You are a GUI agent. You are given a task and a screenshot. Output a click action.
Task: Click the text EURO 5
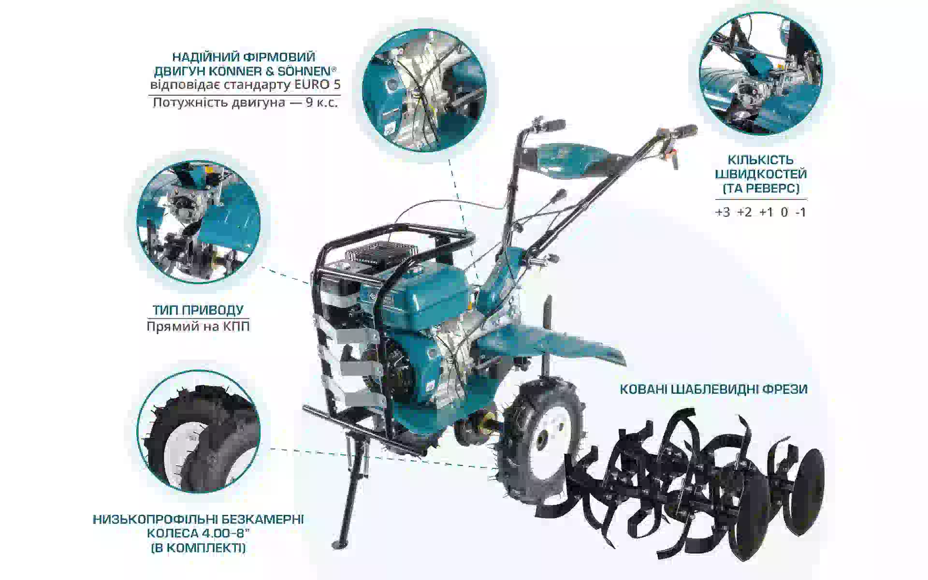coord(318,85)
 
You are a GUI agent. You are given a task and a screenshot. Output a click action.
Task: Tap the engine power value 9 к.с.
coord(321,102)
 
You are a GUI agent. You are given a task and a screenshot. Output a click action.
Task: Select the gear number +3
coord(723,212)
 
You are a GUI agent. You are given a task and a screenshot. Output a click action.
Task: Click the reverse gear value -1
coord(800,212)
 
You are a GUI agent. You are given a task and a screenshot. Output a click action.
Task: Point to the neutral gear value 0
coord(784,212)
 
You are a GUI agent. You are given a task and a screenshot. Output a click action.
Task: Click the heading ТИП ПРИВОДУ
coord(198,310)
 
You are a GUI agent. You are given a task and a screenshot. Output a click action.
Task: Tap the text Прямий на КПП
coord(198,326)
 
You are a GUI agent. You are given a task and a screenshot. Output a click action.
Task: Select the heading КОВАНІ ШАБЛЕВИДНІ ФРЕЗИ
coord(713,389)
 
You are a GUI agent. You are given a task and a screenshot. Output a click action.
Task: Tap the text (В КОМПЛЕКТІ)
coord(198,548)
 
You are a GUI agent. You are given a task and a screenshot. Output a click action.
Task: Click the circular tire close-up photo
coord(198,432)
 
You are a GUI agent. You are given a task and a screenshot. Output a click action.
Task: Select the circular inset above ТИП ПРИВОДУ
coord(198,222)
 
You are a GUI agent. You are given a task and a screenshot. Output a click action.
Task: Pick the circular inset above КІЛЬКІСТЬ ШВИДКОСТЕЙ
coord(761,73)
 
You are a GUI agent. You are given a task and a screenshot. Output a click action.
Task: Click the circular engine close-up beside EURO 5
coord(424,90)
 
